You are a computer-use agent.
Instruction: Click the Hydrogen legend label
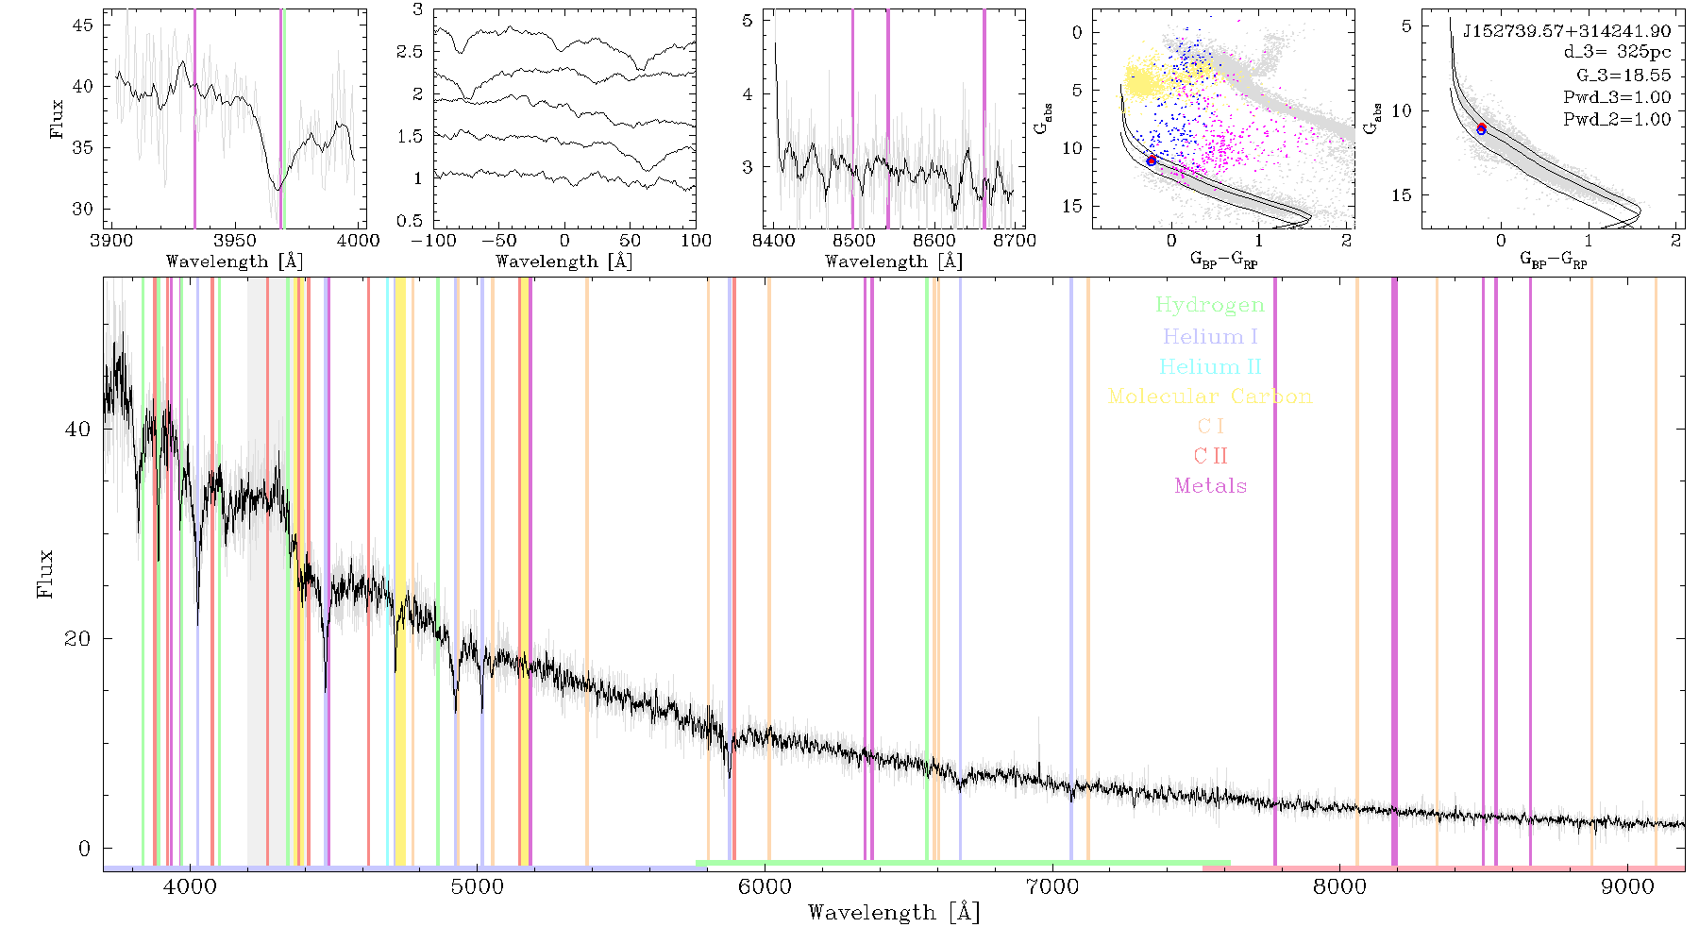pos(1209,305)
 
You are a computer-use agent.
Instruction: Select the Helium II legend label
pos(1210,366)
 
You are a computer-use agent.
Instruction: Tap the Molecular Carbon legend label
pos(1210,396)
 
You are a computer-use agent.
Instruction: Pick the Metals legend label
pos(1211,486)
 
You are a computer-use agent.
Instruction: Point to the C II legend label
pos(1211,456)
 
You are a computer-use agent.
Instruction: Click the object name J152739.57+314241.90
pos(1567,31)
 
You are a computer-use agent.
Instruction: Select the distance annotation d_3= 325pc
pos(1618,53)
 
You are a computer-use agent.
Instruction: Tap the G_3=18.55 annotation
pos(1623,76)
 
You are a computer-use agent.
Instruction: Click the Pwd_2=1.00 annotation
pos(1617,120)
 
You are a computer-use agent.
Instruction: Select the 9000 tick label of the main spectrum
pos(1627,886)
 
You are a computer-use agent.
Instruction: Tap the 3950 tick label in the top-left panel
pos(235,241)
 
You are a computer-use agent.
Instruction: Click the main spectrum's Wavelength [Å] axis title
pos(894,913)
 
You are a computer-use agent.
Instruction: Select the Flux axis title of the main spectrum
pos(45,573)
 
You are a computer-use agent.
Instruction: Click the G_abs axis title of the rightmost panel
pos(1372,117)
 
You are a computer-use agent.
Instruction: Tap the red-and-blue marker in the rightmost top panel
pos(1482,128)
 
